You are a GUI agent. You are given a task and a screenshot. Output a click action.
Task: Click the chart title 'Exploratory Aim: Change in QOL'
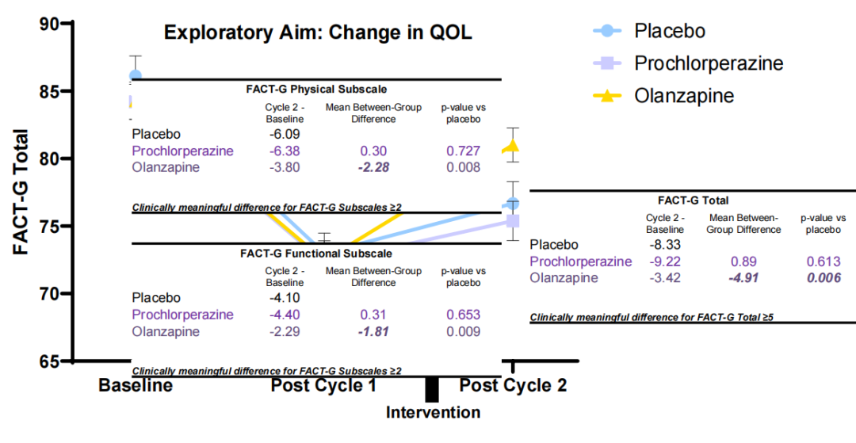[x=317, y=33]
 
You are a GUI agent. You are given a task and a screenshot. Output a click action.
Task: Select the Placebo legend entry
[x=669, y=31]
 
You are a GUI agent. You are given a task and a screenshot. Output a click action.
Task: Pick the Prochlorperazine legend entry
[x=709, y=63]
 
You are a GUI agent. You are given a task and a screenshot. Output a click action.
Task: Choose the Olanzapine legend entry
[x=684, y=96]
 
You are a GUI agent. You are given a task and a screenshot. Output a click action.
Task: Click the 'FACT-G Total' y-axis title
[x=21, y=192]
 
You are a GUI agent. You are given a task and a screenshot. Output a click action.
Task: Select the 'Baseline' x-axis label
[x=136, y=386]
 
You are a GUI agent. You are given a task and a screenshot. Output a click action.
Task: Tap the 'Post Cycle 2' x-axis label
[x=514, y=386]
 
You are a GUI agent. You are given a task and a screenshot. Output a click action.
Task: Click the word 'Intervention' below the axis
[x=433, y=412]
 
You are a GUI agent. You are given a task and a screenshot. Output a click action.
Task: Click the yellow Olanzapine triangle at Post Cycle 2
[x=513, y=146]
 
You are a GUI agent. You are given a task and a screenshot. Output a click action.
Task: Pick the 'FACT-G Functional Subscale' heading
[x=315, y=254]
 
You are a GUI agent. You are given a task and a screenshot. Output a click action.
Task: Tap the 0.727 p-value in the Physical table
[x=464, y=151]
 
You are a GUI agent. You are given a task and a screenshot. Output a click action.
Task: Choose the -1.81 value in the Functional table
[x=373, y=331]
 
